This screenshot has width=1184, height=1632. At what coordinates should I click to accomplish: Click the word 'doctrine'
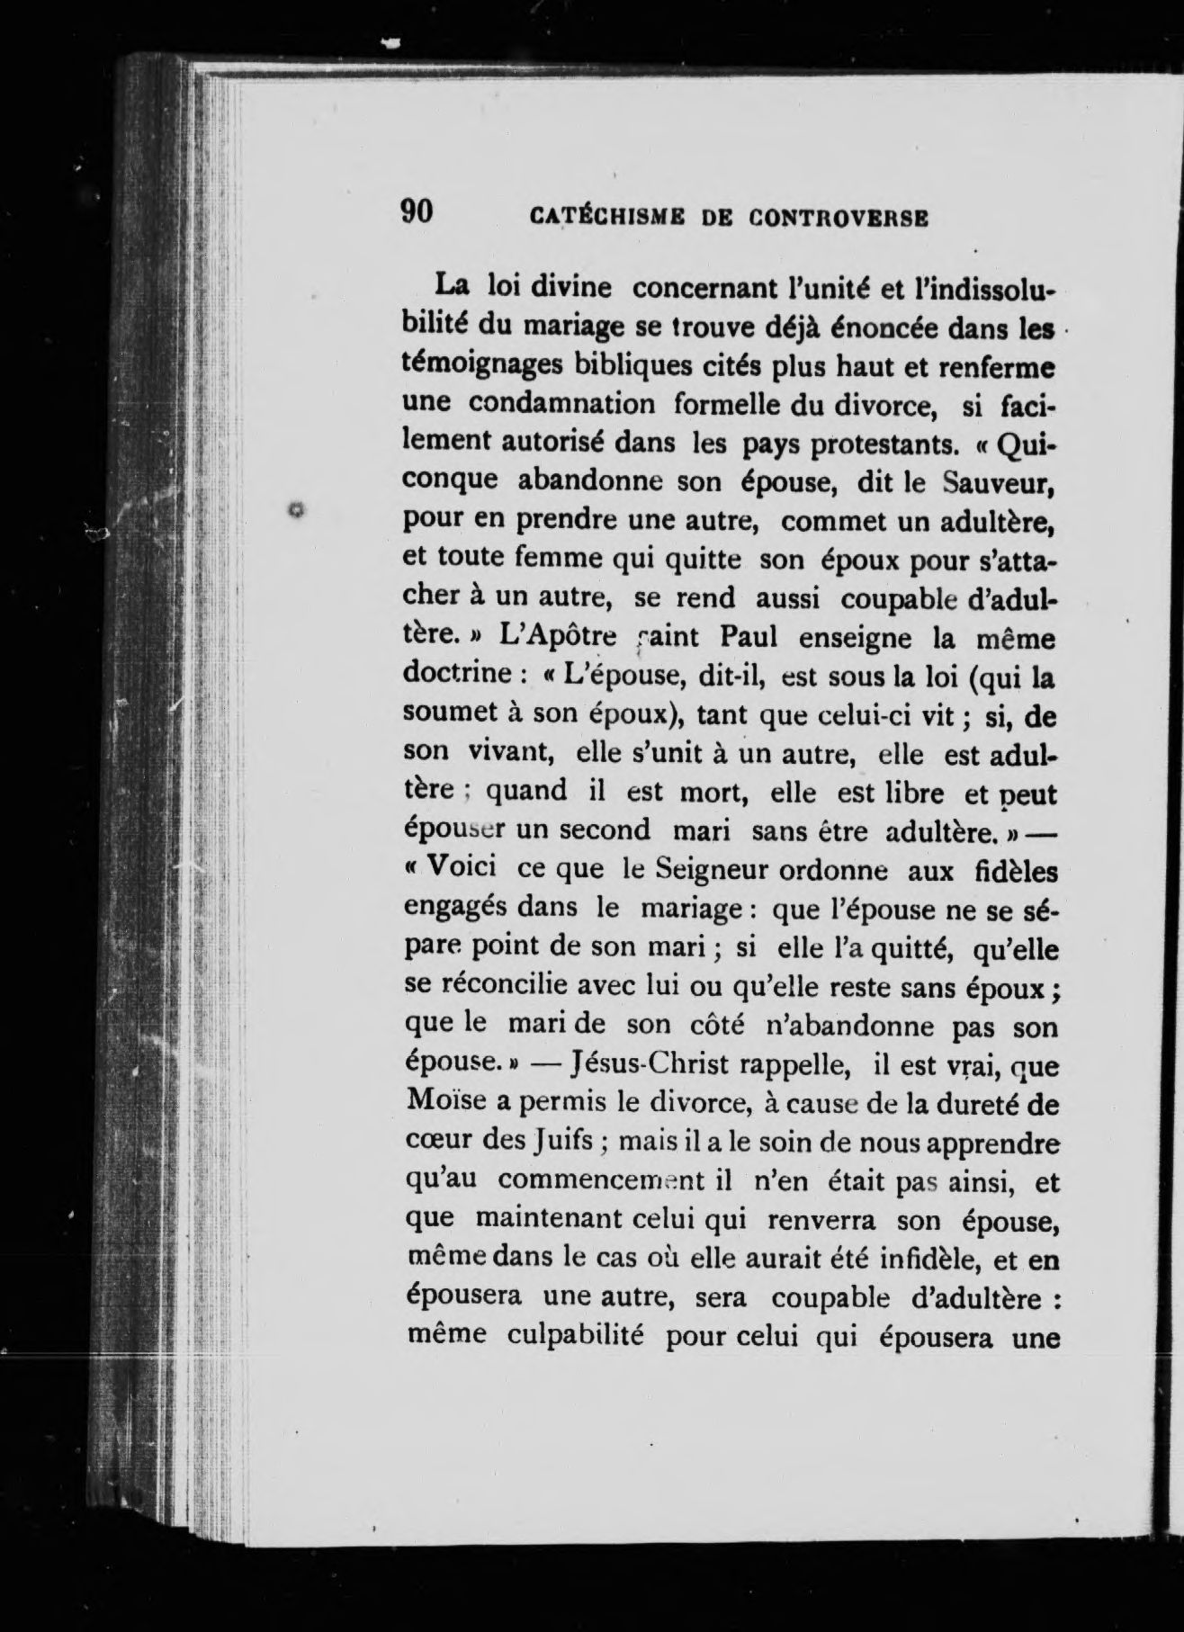click(x=459, y=675)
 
